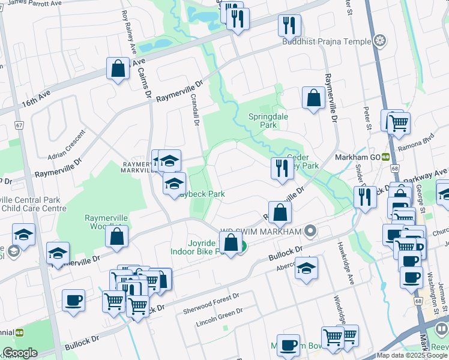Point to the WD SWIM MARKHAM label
pyautogui.click(x=261, y=231)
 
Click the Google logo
pyautogui.click(x=20, y=353)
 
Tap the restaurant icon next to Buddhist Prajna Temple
pyautogui.click(x=289, y=25)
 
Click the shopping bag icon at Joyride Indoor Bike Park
pyautogui.click(x=231, y=243)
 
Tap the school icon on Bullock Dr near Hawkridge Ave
pyautogui.click(x=306, y=268)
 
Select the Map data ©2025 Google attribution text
pyautogui.click(x=412, y=355)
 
